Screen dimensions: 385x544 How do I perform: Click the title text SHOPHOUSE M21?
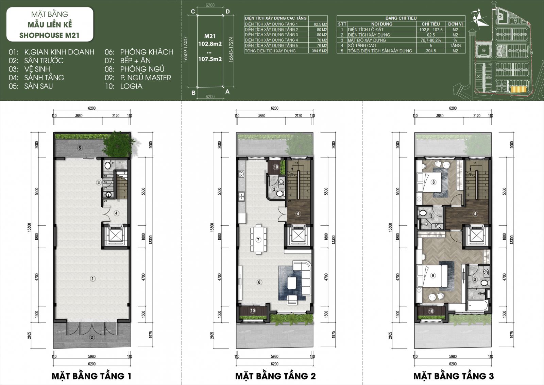coord(49,35)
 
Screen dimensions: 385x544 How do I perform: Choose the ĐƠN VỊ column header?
coord(455,24)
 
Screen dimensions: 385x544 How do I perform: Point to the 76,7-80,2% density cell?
coord(431,40)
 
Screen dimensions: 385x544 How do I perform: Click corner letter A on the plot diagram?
coord(227,92)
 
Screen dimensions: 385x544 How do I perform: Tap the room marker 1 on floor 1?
coord(92,278)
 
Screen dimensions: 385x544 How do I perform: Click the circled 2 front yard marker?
coord(92,337)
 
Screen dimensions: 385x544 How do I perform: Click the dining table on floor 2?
coord(258,239)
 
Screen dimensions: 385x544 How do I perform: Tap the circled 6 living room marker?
coord(259,282)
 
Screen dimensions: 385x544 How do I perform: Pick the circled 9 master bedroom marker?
coord(433,275)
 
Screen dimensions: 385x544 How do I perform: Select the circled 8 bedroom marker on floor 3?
coord(434,182)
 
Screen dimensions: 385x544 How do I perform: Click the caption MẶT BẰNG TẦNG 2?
coord(275,376)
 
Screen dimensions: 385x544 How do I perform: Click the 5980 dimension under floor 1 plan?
coord(92,356)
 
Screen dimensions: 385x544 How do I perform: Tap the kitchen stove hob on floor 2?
coord(241,174)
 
